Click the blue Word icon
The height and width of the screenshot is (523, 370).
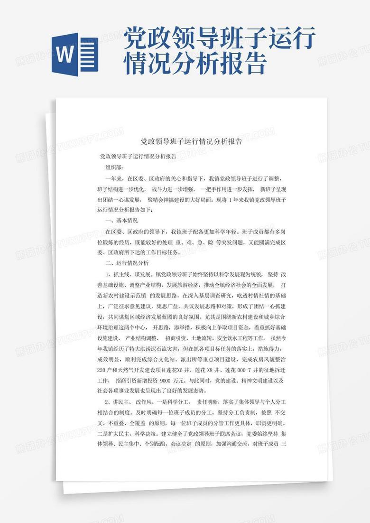click(x=74, y=54)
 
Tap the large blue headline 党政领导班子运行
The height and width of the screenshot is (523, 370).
click(x=220, y=39)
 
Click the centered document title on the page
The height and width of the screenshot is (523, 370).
click(x=192, y=141)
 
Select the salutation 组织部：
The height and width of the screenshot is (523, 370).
click(x=114, y=167)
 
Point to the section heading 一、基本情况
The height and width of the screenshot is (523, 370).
click(x=121, y=221)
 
